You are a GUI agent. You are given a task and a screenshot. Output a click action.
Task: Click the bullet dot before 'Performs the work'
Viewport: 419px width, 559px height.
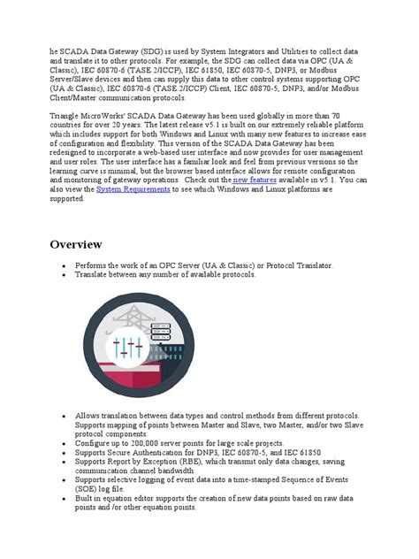click(x=63, y=265)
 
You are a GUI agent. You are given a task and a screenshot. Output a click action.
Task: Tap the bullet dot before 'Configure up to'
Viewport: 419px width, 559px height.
click(x=63, y=441)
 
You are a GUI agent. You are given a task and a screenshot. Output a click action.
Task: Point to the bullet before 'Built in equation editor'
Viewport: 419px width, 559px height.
click(x=63, y=500)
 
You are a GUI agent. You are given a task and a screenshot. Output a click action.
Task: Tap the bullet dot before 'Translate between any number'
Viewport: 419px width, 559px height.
click(x=63, y=275)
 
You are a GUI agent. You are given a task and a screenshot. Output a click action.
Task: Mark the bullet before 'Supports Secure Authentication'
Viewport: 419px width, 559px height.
click(x=63, y=451)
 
